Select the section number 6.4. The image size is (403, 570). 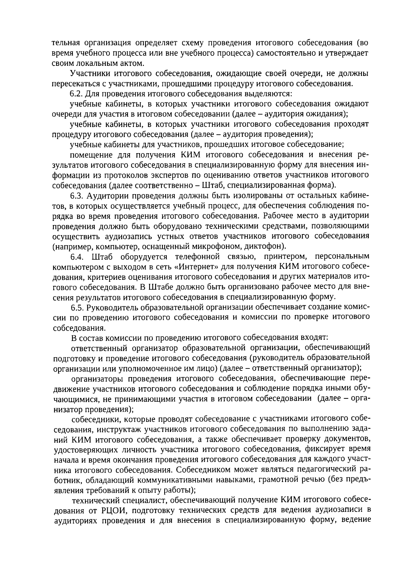(x=77, y=257)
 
